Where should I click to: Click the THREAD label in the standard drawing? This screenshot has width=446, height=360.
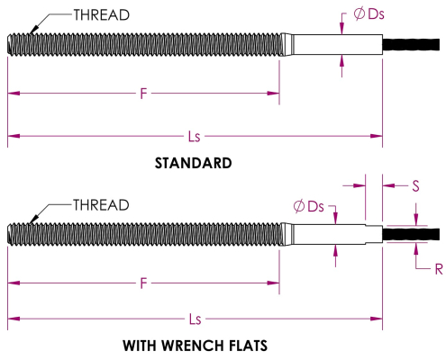point(102,15)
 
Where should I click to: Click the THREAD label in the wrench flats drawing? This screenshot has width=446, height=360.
point(101,205)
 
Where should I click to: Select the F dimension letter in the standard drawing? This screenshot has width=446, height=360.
point(143,94)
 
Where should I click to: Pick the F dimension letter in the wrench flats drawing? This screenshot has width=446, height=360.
point(143,283)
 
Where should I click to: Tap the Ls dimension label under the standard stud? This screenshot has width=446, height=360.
point(194,137)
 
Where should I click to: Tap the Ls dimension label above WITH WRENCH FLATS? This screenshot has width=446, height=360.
point(195,319)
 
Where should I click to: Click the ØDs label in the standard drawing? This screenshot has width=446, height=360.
point(369,14)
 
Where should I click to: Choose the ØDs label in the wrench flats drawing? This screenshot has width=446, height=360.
point(308,207)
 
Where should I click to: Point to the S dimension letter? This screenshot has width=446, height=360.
point(415,186)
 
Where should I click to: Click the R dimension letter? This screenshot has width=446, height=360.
point(439,269)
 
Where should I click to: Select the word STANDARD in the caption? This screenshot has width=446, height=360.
point(193,163)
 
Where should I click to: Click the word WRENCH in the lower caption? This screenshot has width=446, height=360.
point(193,346)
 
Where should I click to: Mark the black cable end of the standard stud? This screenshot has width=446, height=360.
point(411,44)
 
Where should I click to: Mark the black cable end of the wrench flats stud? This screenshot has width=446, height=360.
point(411,234)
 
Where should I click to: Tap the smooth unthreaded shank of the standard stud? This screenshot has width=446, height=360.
point(338,44)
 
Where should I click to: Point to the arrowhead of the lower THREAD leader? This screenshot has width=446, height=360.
point(33,220)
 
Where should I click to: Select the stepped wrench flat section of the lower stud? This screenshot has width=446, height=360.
point(374,234)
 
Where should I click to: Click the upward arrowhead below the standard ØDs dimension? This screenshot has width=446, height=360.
point(341,60)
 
